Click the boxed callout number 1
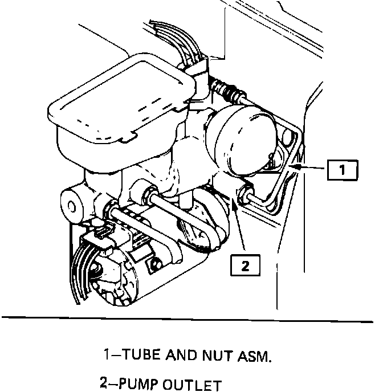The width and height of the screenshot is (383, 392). [x=341, y=169]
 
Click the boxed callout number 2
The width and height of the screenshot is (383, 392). [x=245, y=266]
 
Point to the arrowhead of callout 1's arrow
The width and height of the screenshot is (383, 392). [x=292, y=165]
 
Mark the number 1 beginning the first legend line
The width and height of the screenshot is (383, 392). [x=107, y=357]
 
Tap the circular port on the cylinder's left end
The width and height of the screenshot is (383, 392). [x=72, y=206]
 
